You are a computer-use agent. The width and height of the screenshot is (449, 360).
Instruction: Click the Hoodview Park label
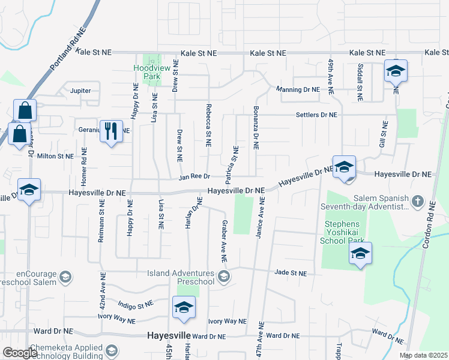click(x=147, y=73)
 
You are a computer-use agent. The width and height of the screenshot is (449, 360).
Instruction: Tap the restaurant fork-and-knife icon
click(x=110, y=131)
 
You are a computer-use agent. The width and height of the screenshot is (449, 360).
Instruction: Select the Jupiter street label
click(x=80, y=91)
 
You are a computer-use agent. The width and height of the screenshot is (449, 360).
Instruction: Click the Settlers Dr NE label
click(x=316, y=115)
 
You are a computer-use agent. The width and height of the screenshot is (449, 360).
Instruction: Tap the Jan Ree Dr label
click(x=194, y=176)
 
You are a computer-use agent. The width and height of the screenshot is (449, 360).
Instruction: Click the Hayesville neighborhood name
click(x=169, y=336)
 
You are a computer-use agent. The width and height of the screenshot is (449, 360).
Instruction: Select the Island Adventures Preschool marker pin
click(x=224, y=276)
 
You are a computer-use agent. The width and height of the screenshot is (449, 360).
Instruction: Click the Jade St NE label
click(x=291, y=273)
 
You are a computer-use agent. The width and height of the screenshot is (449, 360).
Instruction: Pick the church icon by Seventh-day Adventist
click(x=419, y=200)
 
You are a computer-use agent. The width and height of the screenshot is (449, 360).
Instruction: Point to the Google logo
click(x=20, y=353)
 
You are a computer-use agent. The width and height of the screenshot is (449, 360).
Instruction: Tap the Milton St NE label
click(x=55, y=156)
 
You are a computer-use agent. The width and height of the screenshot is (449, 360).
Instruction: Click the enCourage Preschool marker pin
click(x=65, y=277)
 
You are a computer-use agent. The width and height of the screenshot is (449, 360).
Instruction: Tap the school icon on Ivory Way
click(x=183, y=308)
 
